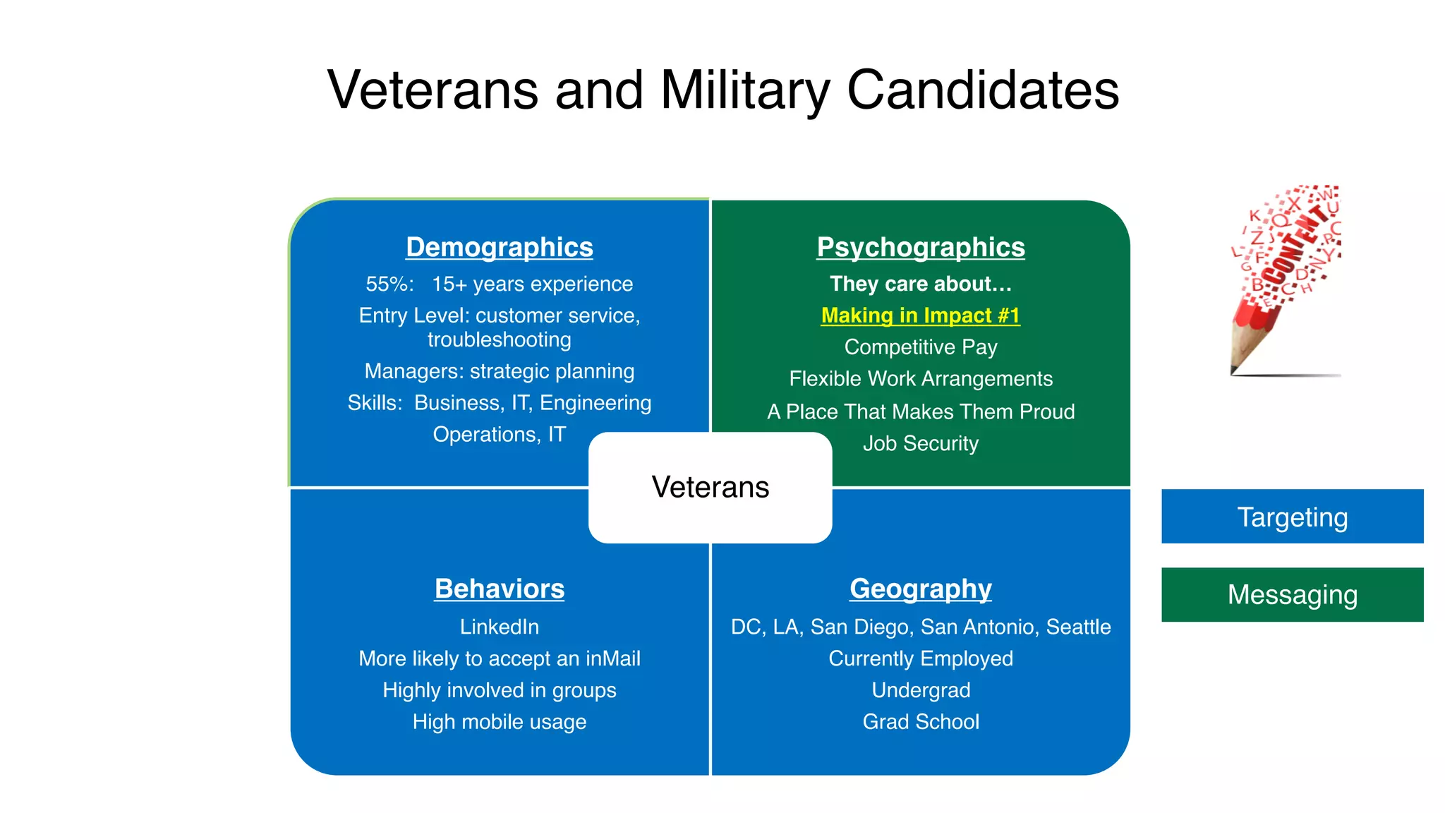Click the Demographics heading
499,247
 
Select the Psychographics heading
920,247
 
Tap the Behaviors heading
499,589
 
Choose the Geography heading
920,589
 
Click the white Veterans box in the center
710,487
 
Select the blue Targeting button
1292,517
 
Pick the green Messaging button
1292,594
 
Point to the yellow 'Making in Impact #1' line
920,315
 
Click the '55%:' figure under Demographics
389,284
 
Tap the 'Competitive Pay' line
920,347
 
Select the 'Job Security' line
920,443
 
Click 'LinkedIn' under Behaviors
499,627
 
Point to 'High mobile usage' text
499,721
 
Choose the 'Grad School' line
920,721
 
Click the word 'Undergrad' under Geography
920,689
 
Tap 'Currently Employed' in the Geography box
920,658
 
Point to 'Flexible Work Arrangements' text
920,379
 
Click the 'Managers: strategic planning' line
499,371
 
